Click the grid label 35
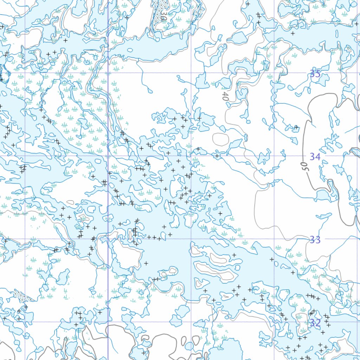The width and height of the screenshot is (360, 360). point(315,74)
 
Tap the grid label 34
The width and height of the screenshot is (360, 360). point(315,156)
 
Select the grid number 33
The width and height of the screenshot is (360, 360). point(315,240)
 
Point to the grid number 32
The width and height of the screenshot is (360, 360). point(315,323)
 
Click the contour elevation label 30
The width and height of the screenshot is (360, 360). point(163,16)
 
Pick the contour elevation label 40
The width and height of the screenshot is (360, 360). point(225,96)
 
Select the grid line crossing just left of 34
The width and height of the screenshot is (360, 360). point(274,156)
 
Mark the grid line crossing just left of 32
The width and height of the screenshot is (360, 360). point(274,322)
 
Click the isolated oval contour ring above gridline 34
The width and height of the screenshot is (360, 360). point(220,139)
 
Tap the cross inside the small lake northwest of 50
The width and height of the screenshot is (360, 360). point(296,127)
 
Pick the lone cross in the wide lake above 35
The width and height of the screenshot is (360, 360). point(292,33)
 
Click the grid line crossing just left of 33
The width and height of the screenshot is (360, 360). point(274,239)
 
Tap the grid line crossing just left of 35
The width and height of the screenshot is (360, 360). point(274,73)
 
